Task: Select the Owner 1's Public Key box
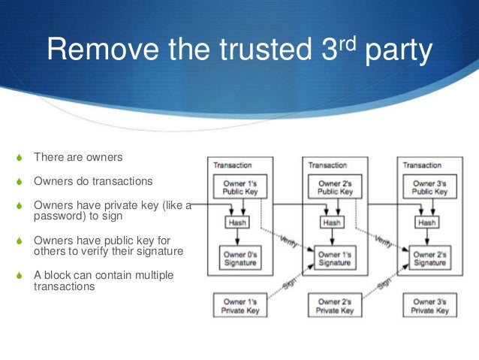tap(237, 187)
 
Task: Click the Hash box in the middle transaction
tap(332, 223)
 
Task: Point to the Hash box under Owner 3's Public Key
tap(427, 223)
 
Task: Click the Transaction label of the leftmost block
tap(233, 165)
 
